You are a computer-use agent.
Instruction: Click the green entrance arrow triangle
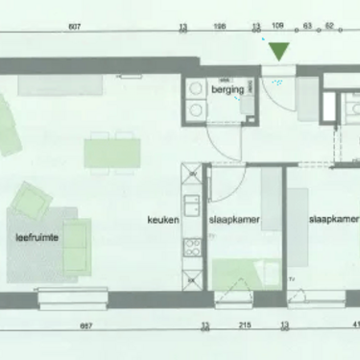pyautogui.click(x=278, y=51)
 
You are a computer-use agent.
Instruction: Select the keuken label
pyautogui.click(x=160, y=219)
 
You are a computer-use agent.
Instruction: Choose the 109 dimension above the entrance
pyautogui.click(x=278, y=28)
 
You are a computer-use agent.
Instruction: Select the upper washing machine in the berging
pyautogui.click(x=195, y=89)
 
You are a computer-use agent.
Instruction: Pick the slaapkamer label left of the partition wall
pyautogui.click(x=230, y=219)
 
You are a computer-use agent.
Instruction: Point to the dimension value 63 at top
pyautogui.click(x=308, y=28)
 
